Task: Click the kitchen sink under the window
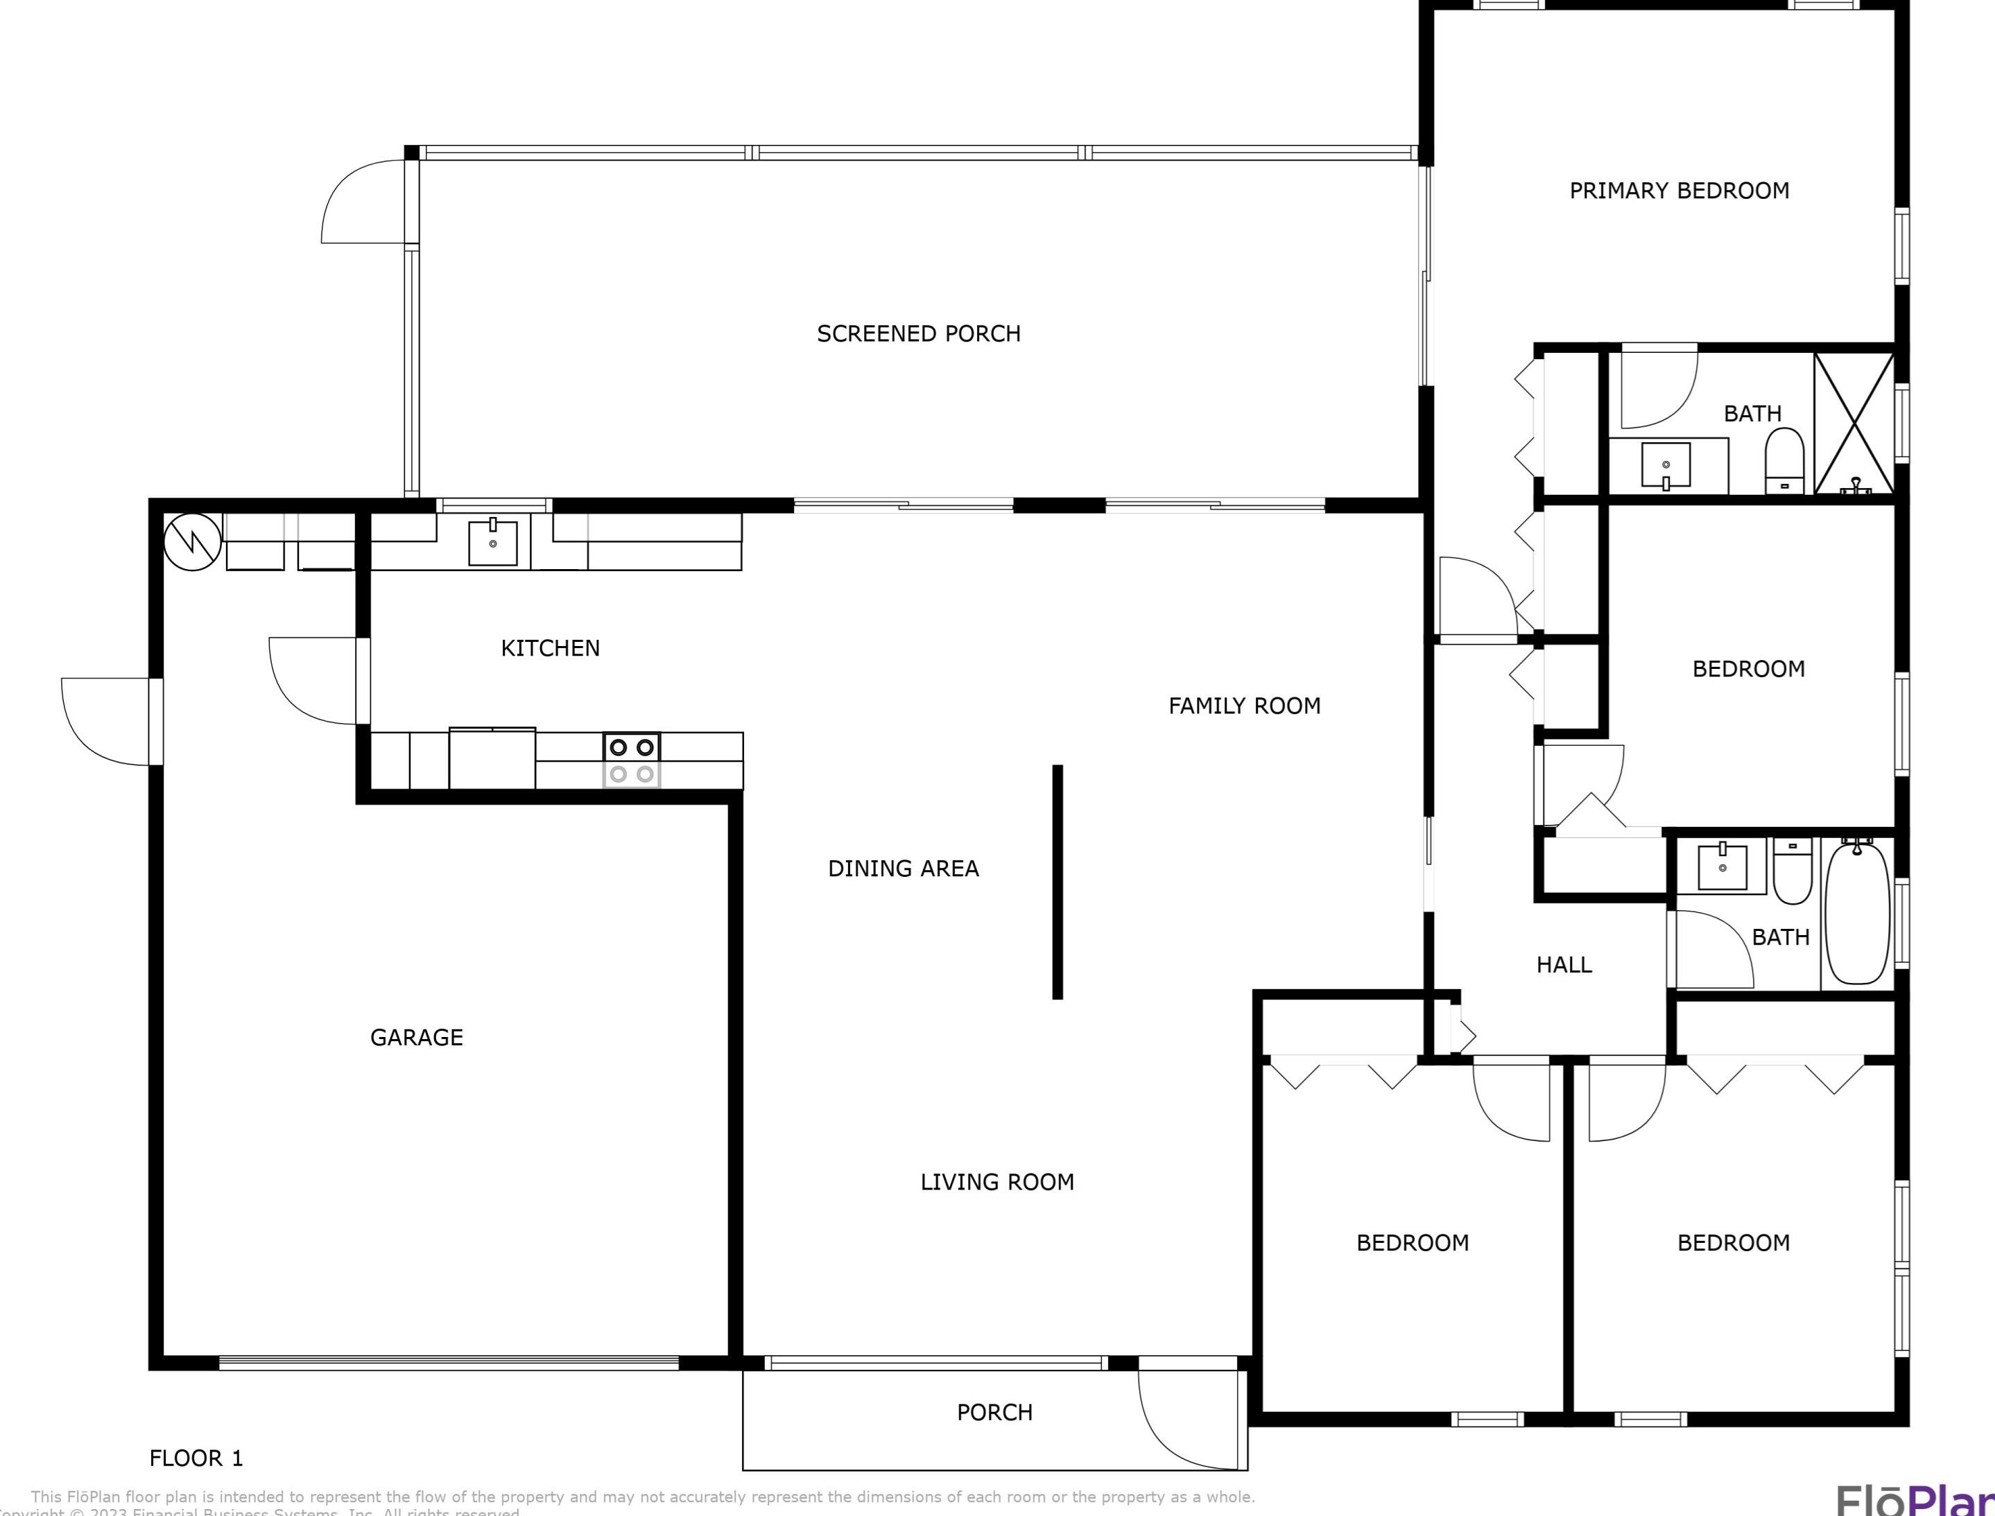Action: click(493, 542)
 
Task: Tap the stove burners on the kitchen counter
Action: click(631, 760)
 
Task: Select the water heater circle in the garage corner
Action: click(192, 541)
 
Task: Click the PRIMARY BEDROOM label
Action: click(1678, 191)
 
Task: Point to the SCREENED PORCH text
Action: click(918, 333)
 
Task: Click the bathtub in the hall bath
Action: click(1857, 912)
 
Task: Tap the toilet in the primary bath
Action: click(1784, 460)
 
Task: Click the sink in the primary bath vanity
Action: click(1666, 466)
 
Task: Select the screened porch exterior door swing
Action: click(365, 202)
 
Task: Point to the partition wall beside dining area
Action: click(1057, 882)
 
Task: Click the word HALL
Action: click(1564, 965)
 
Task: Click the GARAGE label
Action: click(416, 1037)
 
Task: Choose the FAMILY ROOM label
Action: click(1244, 706)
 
